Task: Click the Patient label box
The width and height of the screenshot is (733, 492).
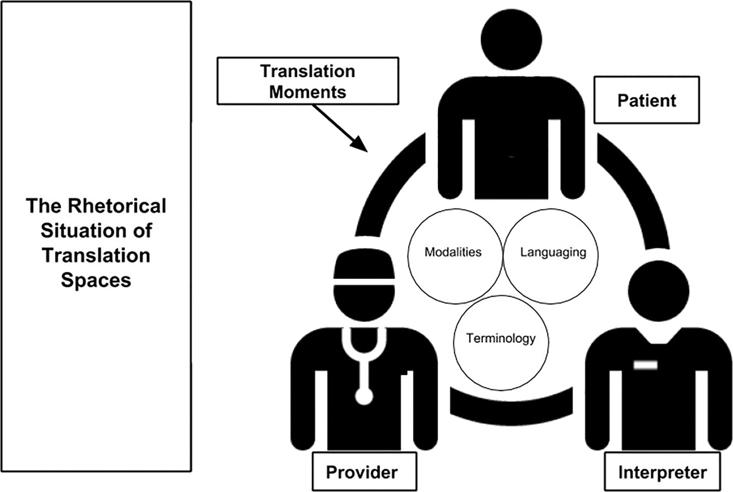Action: click(647, 101)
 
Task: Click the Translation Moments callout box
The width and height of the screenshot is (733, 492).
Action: click(307, 81)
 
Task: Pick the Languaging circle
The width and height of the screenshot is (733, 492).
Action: click(545, 252)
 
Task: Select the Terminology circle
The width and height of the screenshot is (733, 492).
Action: click(493, 339)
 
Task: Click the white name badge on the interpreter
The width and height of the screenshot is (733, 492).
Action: click(646, 365)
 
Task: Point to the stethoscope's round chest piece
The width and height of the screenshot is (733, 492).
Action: click(364, 396)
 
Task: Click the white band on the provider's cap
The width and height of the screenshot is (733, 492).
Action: click(364, 280)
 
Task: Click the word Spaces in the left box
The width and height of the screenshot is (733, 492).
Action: click(96, 280)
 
